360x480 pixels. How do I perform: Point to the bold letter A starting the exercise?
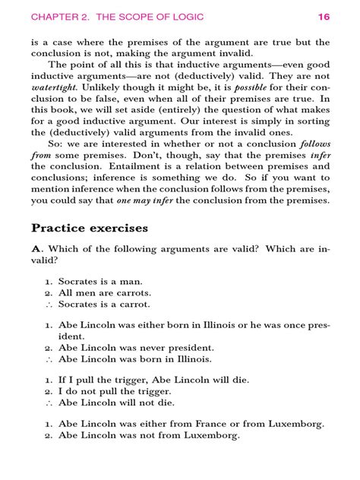coord(36,250)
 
